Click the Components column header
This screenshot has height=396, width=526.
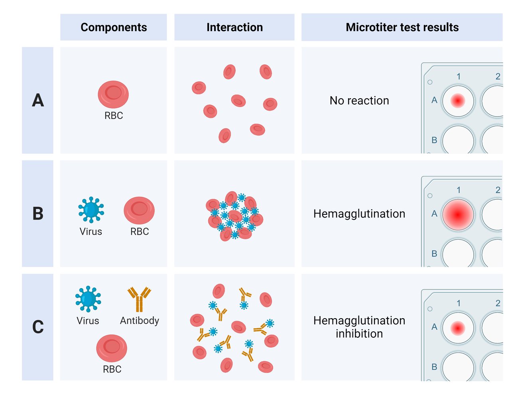tap(114, 27)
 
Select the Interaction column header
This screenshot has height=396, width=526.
tap(234, 27)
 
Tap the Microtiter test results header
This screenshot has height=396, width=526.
tap(402, 27)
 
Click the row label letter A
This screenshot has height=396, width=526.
tap(38, 100)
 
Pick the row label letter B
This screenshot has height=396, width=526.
tap(38, 214)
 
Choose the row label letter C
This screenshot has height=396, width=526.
tap(38, 327)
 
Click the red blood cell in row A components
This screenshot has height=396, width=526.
tap(113, 94)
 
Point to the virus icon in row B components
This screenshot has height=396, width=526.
tap(91, 210)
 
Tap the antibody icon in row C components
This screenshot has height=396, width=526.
tap(139, 299)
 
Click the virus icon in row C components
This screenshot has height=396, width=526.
tap(88, 299)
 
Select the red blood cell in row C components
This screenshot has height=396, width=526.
tap(112, 348)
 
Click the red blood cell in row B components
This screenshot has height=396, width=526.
tap(139, 210)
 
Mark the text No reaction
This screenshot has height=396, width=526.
tap(359, 101)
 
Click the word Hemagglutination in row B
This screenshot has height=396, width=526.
tap(359, 214)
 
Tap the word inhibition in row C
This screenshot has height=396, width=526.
tap(359, 334)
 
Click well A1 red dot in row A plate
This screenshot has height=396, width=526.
tap(458, 101)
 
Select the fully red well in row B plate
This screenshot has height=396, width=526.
tap(458, 214)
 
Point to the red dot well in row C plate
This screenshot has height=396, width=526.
tap(458, 328)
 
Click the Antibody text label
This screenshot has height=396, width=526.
tap(140, 321)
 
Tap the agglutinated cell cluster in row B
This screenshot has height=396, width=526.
tap(234, 216)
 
